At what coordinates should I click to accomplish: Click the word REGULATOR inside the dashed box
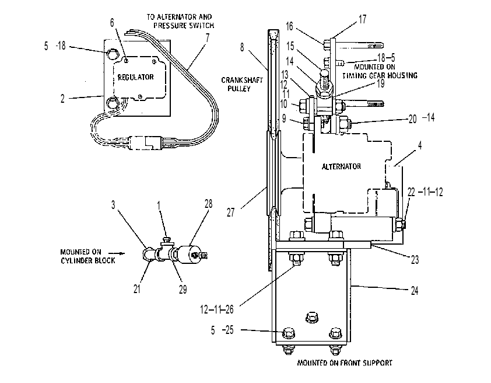136,77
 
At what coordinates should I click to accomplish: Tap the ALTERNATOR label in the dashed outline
341,166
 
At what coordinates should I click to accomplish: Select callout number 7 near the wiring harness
207,38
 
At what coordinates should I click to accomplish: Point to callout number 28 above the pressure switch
209,204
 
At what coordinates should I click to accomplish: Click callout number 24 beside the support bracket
414,291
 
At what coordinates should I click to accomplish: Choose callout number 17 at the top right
362,19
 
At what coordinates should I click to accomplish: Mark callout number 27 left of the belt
230,213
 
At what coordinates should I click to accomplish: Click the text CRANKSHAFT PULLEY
242,84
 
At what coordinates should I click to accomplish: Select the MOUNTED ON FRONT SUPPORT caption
345,363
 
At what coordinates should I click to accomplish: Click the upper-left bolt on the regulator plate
112,54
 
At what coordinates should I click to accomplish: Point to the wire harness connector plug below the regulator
146,142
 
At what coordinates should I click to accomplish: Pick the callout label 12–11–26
217,309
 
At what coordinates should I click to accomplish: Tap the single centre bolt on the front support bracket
312,317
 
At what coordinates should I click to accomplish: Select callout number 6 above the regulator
112,23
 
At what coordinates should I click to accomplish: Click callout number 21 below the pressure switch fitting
137,288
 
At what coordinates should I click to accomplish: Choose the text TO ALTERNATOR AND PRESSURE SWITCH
180,21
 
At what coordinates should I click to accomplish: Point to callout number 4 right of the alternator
420,145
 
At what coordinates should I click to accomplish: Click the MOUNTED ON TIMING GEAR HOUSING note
380,71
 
